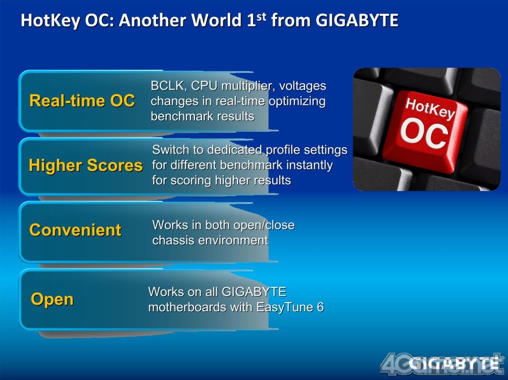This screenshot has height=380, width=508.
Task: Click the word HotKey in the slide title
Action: (51, 21)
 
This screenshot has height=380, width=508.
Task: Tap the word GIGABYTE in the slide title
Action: (357, 20)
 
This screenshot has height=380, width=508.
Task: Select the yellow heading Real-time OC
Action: (82, 101)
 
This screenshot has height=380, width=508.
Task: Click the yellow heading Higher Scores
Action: (85, 165)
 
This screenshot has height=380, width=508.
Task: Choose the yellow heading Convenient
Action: (75, 230)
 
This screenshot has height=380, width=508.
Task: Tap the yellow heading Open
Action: (52, 299)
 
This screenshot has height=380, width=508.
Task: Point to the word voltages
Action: (303, 86)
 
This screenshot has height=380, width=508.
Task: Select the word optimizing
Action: (297, 101)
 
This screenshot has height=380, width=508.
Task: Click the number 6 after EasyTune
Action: (320, 307)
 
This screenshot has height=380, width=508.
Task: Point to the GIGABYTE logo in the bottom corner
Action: (453, 363)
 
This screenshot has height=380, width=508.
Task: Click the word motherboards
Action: (187, 307)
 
